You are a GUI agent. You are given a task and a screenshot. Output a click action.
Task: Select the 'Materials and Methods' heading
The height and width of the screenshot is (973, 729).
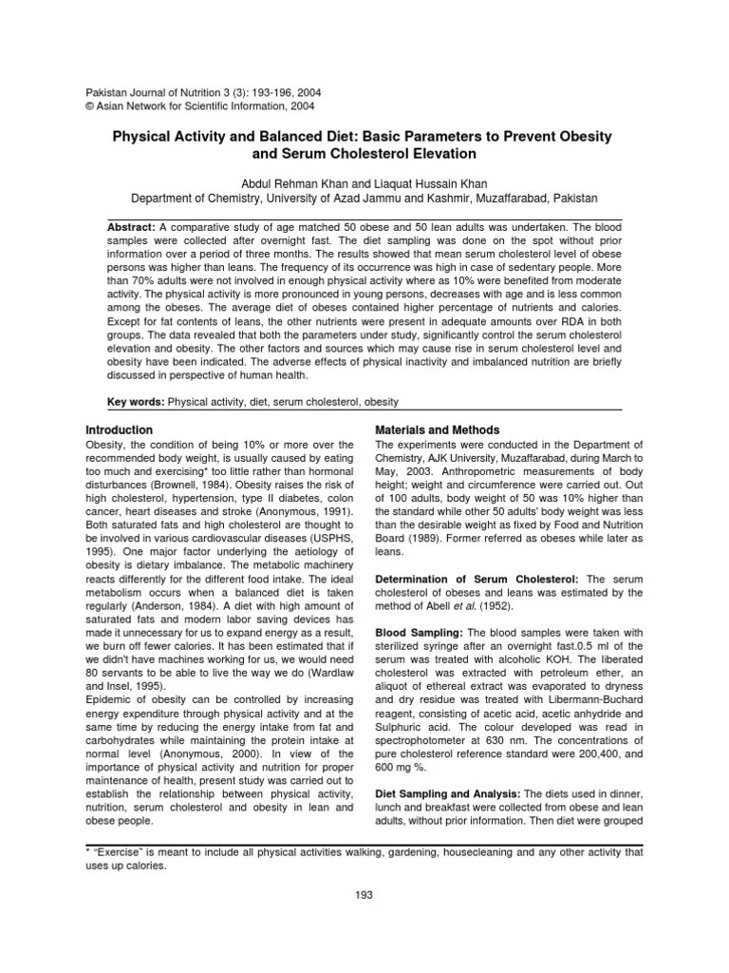click(x=438, y=430)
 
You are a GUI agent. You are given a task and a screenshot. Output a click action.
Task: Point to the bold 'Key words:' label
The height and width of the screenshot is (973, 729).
click(x=136, y=402)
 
